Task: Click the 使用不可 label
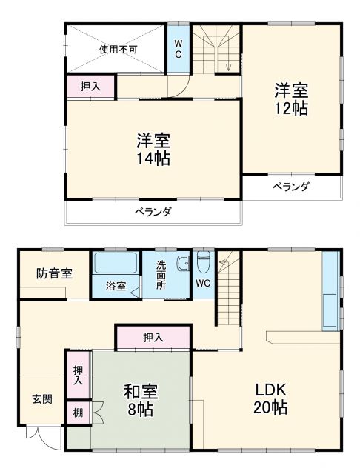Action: click(119, 50)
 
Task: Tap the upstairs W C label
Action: click(178, 49)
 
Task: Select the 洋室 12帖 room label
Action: click(291, 99)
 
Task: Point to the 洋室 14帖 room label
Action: click(154, 148)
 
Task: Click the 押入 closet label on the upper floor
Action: click(92, 86)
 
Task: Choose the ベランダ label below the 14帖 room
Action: click(153, 212)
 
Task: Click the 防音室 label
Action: click(54, 273)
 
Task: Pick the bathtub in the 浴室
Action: click(116, 263)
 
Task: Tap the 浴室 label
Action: click(116, 286)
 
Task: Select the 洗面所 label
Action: click(161, 275)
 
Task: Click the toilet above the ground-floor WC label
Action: click(204, 261)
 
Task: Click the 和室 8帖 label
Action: click(139, 399)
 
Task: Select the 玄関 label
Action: click(41, 399)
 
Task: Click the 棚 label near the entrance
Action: click(78, 412)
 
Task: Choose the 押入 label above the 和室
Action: click(153, 338)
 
